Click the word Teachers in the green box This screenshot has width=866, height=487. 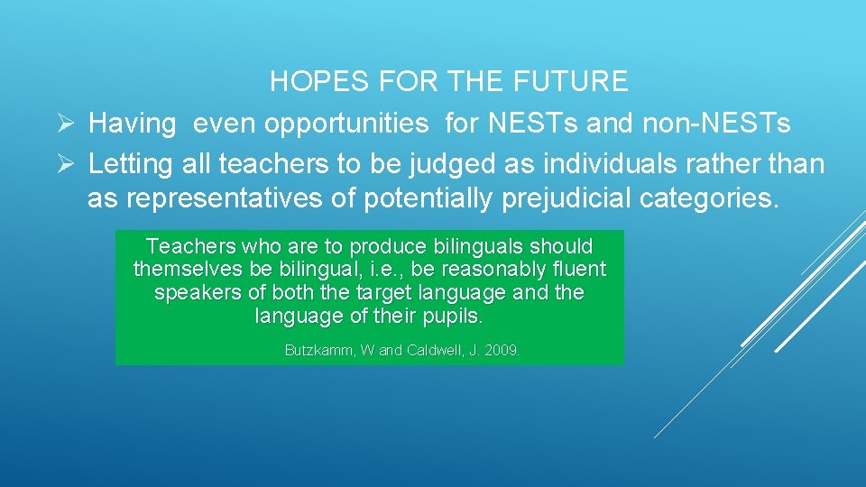pos(184,246)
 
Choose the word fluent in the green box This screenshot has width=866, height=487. pos(577,270)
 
